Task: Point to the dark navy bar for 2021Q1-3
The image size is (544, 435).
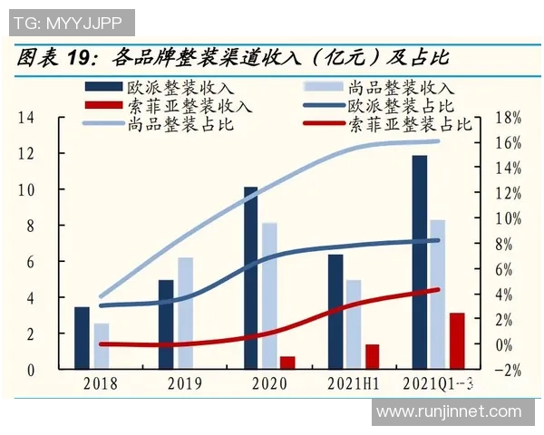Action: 418,263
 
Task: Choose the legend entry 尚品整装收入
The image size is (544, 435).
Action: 400,88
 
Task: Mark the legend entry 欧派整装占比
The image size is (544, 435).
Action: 400,106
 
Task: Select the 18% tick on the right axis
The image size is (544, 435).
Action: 510,118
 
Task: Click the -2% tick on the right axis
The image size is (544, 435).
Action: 510,370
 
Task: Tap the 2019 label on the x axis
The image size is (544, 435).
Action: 185,383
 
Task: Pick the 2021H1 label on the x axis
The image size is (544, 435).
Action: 353,383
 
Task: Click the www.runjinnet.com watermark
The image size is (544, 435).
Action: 449,412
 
